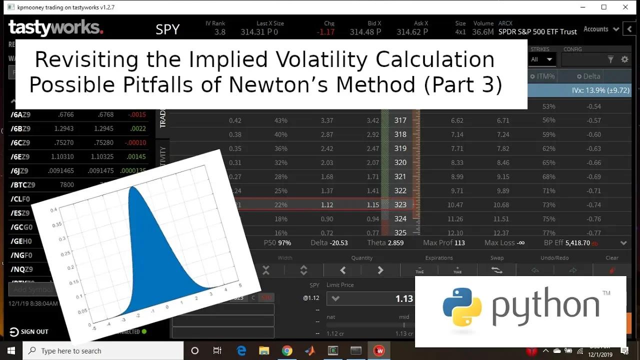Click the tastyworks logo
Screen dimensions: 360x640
55,28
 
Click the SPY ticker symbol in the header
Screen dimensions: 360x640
167,29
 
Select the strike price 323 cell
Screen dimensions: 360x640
400,204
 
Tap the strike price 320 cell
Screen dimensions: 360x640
400,162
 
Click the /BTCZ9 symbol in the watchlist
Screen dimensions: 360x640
23,184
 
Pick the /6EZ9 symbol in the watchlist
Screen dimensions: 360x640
20,156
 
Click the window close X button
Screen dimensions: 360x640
625,7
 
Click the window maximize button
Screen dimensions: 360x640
603,7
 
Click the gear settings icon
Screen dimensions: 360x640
624,59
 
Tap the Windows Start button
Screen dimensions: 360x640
11,350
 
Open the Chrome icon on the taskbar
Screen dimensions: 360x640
286,350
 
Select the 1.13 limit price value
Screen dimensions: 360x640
404,298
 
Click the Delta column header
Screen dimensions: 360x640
591,76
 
